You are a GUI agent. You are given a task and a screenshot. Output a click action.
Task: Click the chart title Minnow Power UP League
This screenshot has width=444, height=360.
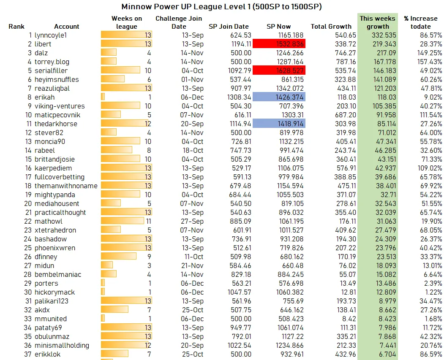coord(222,7)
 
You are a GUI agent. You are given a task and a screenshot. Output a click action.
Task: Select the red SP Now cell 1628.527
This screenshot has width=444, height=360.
coord(279,70)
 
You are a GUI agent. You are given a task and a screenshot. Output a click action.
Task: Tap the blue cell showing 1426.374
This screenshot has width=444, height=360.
coord(279,97)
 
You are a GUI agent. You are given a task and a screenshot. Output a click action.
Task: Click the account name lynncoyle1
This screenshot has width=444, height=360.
coord(51,35)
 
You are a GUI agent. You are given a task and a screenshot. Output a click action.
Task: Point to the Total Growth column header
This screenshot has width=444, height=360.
coord(331,27)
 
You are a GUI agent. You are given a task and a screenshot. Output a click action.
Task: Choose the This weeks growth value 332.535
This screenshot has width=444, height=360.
coord(377,35)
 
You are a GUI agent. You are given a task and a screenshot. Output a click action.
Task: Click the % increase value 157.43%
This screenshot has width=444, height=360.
coord(428,62)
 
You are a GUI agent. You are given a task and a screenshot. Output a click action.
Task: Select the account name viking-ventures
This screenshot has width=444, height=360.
coord(60,106)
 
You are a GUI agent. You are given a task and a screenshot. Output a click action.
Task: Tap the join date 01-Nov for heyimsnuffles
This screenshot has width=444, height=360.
coord(193,79)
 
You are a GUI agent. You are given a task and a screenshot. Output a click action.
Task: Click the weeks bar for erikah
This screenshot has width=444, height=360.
coord(103,97)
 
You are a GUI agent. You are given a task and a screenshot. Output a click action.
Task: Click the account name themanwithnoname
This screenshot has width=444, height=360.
coord(66,186)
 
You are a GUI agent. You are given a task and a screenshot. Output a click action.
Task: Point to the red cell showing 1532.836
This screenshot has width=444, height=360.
coord(279,44)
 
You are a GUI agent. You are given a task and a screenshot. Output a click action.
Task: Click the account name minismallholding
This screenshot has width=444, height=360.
coord(62,345)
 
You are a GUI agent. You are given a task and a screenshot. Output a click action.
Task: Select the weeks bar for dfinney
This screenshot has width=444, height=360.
coord(119,257)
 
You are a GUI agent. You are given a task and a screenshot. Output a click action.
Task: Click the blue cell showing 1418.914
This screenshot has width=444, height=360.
coord(279,124)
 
